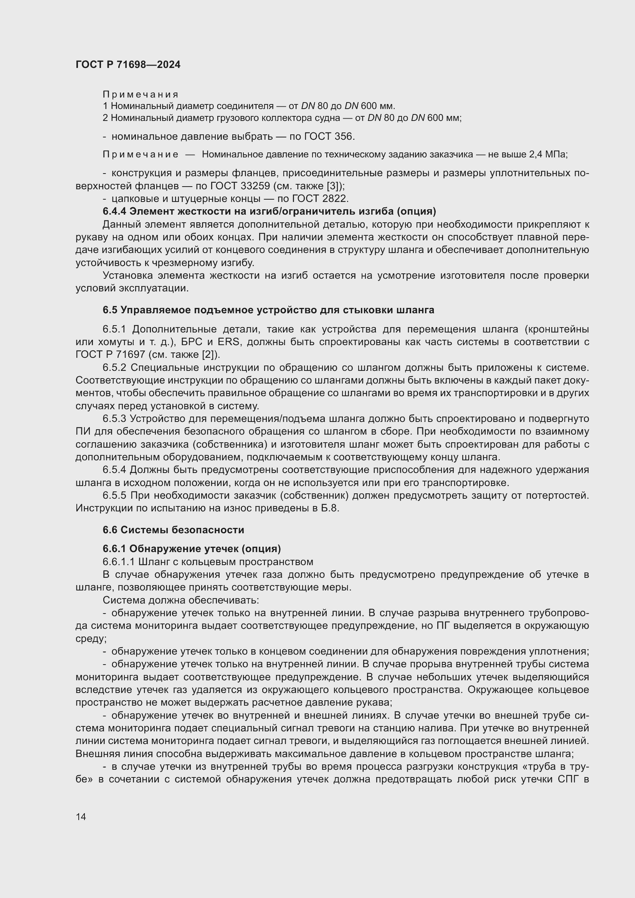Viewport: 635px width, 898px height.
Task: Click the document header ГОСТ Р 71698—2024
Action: pyautogui.click(x=128, y=64)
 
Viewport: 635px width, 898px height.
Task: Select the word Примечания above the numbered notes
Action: pyautogui.click(x=141, y=95)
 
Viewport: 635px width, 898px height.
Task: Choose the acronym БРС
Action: pyautogui.click(x=192, y=342)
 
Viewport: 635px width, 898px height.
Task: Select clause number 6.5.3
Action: pyautogui.click(x=114, y=419)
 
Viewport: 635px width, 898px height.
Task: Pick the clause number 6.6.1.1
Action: pyautogui.click(x=119, y=562)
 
